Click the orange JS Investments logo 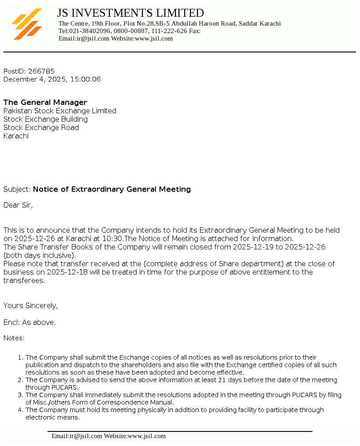(x=27, y=24)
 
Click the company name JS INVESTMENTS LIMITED (x=130, y=13)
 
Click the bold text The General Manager (x=45, y=102)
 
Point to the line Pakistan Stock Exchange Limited (x=60, y=111)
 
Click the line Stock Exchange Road (x=41, y=127)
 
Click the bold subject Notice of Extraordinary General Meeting (x=112, y=189)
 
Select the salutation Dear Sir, (x=18, y=205)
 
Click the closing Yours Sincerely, (x=31, y=305)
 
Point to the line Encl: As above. (x=30, y=322)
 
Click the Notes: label (x=14, y=338)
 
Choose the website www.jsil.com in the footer (x=147, y=436)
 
